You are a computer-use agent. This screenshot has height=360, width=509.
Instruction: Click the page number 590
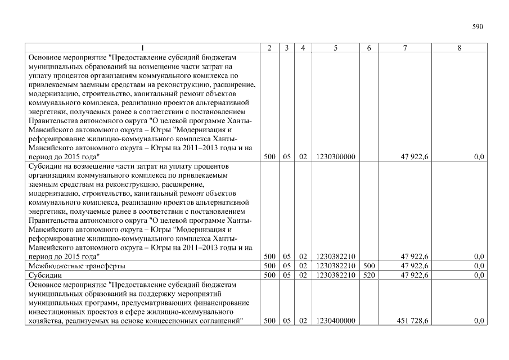[x=478, y=26]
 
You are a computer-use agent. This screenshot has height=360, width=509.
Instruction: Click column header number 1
[x=143, y=49]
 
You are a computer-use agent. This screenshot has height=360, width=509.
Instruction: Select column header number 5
[x=335, y=49]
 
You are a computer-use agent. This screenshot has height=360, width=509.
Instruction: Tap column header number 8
[x=459, y=49]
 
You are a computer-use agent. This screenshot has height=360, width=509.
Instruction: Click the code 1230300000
[x=336, y=157]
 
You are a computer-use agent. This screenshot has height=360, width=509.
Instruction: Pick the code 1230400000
[x=336, y=321]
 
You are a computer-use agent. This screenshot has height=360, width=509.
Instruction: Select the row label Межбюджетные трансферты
[x=76, y=266]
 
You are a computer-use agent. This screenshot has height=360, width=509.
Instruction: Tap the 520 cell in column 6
[x=369, y=275]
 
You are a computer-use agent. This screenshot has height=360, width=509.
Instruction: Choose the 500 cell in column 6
[x=369, y=266]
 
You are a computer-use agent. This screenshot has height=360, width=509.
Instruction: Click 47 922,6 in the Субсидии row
[x=415, y=275]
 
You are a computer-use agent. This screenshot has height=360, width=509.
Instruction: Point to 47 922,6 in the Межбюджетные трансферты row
[x=415, y=266]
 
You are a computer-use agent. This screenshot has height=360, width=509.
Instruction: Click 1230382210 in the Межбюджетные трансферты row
[x=336, y=266]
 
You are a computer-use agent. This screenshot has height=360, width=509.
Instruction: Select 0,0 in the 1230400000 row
[x=479, y=321]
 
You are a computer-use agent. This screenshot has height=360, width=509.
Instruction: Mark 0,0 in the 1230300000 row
[x=479, y=157]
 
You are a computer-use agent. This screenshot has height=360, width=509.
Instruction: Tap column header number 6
[x=369, y=49]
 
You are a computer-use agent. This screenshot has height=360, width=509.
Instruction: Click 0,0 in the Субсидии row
[x=479, y=275]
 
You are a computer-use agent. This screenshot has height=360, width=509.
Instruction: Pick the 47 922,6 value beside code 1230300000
[x=415, y=157]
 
